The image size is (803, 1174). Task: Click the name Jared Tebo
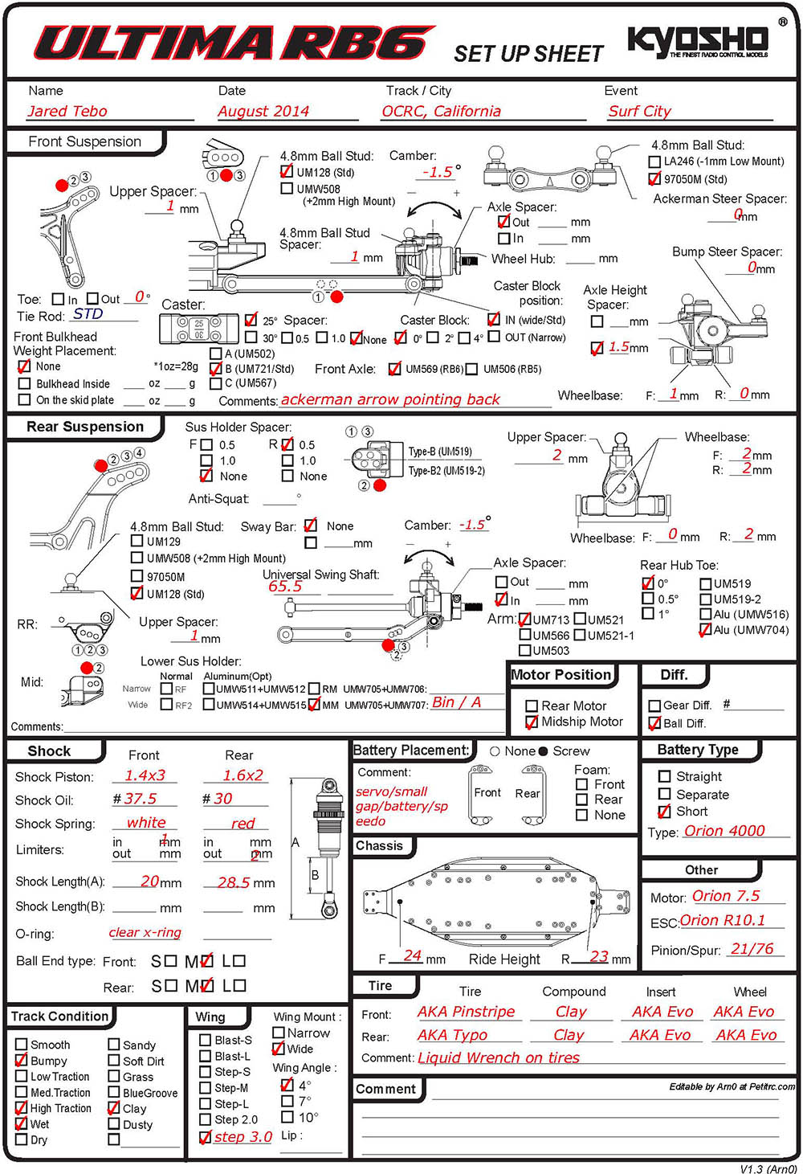(67, 112)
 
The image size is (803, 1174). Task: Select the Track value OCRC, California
(441, 112)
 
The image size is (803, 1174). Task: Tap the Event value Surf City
(639, 112)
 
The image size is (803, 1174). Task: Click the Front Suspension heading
(84, 142)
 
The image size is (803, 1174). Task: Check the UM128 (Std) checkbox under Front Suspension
(287, 172)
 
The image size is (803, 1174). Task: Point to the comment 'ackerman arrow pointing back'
(390, 399)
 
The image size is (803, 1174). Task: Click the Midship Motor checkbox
(532, 722)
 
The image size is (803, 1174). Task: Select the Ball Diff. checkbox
(654, 724)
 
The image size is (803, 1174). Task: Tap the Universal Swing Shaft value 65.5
(285, 587)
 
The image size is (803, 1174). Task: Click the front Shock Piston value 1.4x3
(145, 775)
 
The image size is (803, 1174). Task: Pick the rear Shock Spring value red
(243, 824)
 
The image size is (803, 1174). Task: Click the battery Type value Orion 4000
(724, 831)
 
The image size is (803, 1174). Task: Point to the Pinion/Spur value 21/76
(752, 949)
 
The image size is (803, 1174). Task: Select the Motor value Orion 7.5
(726, 896)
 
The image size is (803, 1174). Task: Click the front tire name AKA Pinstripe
(466, 1012)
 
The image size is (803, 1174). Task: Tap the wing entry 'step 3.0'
(243, 1137)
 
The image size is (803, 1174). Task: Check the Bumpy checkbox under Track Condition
(22, 1061)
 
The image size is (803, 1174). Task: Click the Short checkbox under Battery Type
(664, 812)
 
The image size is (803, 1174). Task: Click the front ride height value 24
(413, 955)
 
